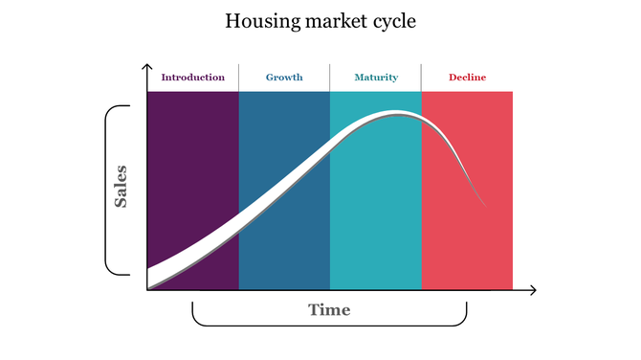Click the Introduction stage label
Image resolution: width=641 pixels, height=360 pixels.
pyautogui.click(x=192, y=78)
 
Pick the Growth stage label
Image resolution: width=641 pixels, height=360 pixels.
pyautogui.click(x=284, y=78)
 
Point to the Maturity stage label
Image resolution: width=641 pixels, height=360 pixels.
pyautogui.click(x=375, y=78)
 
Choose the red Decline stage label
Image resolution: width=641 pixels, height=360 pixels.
pyautogui.click(x=467, y=78)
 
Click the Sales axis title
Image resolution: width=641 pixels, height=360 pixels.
pyautogui.click(x=122, y=188)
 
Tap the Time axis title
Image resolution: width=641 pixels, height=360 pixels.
pyautogui.click(x=329, y=309)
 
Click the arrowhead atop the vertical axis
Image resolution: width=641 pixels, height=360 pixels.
pyautogui.click(x=147, y=68)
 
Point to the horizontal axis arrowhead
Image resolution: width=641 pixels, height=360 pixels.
pyautogui.click(x=532, y=289)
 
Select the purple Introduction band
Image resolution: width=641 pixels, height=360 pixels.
pyautogui.click(x=192, y=153)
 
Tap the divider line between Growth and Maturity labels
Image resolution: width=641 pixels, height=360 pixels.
pyautogui.click(x=329, y=78)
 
